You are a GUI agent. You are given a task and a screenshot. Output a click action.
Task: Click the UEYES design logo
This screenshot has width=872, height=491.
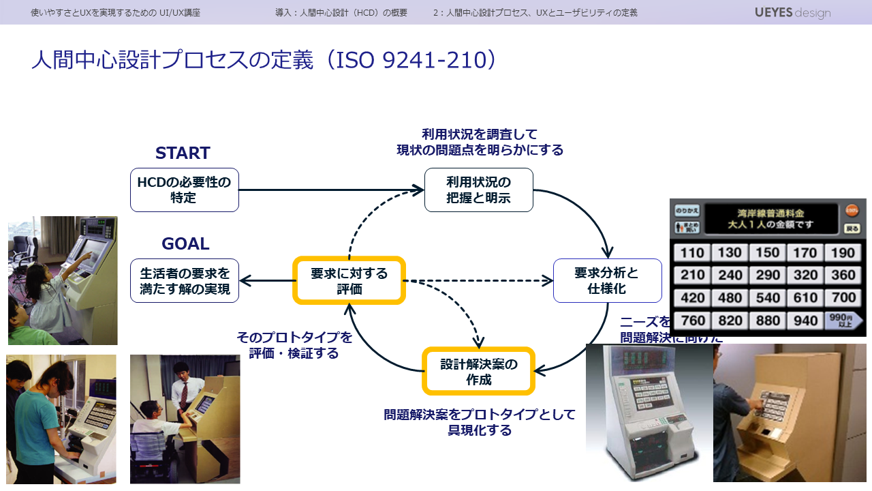coord(792,12)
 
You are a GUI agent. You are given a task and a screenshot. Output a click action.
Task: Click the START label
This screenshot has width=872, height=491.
coord(183,153)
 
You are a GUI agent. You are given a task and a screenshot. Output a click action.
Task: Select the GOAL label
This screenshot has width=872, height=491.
coord(185,243)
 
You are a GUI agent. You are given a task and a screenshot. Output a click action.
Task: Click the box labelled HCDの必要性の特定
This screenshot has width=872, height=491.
coord(184,190)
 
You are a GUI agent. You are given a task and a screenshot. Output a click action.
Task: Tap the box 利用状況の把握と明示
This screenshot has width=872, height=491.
coord(478,190)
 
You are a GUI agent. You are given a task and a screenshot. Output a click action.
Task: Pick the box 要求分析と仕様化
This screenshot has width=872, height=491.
coord(607,280)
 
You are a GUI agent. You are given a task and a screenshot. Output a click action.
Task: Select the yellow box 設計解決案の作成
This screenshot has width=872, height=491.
coord(478,372)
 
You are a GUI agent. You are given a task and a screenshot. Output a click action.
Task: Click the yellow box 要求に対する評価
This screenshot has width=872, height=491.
coord(349,280)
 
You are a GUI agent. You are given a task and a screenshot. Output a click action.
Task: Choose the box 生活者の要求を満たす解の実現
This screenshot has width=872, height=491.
coord(184,280)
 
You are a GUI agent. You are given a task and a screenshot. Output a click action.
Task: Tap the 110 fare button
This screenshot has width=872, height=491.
coord(692,252)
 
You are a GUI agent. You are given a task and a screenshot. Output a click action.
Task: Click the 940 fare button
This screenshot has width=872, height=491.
coord(805,321)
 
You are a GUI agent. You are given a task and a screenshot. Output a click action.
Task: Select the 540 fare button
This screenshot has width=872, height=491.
coord(768,298)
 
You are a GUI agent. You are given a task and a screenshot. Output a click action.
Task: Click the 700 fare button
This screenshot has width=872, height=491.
coord(843,298)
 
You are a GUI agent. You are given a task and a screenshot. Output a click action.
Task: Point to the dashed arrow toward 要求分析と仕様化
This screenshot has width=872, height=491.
coord(477,280)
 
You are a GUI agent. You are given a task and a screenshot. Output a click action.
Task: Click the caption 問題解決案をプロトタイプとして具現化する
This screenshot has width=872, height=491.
coord(480,422)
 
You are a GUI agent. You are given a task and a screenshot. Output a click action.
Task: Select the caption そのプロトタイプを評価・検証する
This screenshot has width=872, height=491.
coord(294,345)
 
